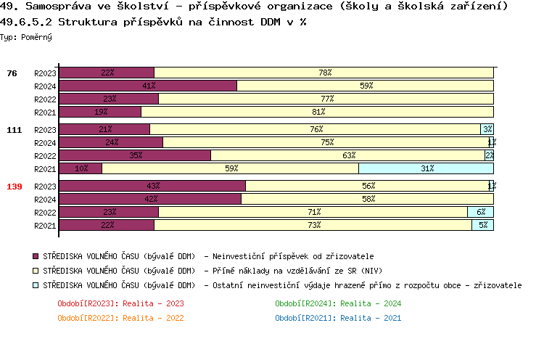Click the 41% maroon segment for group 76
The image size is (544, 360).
click(x=148, y=86)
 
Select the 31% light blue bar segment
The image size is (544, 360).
click(x=426, y=168)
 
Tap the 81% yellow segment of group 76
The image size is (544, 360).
click(x=317, y=112)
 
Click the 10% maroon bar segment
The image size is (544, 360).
click(x=81, y=168)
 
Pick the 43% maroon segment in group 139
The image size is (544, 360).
click(x=152, y=186)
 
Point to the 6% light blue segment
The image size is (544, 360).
click(x=480, y=212)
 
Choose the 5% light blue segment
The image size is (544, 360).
click(x=482, y=225)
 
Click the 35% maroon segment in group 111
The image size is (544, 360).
click(x=135, y=155)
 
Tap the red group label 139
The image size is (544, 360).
click(x=15, y=187)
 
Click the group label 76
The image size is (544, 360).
click(x=12, y=73)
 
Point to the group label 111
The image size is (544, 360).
click(x=15, y=130)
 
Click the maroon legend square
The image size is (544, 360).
click(x=36, y=256)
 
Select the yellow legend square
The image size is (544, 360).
click(x=36, y=271)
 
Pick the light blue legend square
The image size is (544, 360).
click(x=36, y=285)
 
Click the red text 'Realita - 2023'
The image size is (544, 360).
click(x=153, y=303)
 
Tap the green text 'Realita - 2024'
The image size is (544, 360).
click(x=371, y=303)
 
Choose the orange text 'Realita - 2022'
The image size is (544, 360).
click(x=153, y=318)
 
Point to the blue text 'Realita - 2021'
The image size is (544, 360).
click(x=371, y=318)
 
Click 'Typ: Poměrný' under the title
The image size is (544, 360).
click(x=26, y=36)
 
